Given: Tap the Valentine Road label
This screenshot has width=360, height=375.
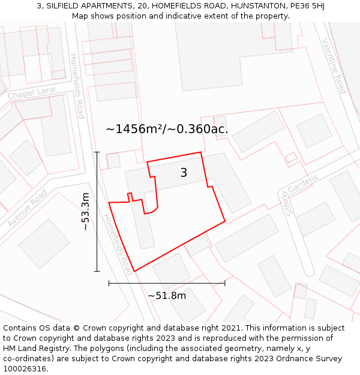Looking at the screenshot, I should click(334, 66).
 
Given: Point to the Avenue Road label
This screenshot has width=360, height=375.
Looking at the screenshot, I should click(28, 208).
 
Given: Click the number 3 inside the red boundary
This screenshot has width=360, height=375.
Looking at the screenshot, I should click(184, 173).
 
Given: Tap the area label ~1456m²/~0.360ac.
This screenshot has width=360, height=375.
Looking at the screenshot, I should click(167, 129).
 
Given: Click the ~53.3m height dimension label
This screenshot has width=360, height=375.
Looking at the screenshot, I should click(86, 211).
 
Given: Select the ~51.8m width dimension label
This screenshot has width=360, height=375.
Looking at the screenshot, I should click(167, 295).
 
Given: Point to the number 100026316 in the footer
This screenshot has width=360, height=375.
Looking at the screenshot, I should click(26, 369).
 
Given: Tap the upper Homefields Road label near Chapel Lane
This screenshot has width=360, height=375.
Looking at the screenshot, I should click(77, 86).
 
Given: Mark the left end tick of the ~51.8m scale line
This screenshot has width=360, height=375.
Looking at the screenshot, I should click(109, 283).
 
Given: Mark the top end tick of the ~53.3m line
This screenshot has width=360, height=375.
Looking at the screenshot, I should click(97, 152).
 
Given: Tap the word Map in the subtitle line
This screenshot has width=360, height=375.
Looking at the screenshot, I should click(81, 16).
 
